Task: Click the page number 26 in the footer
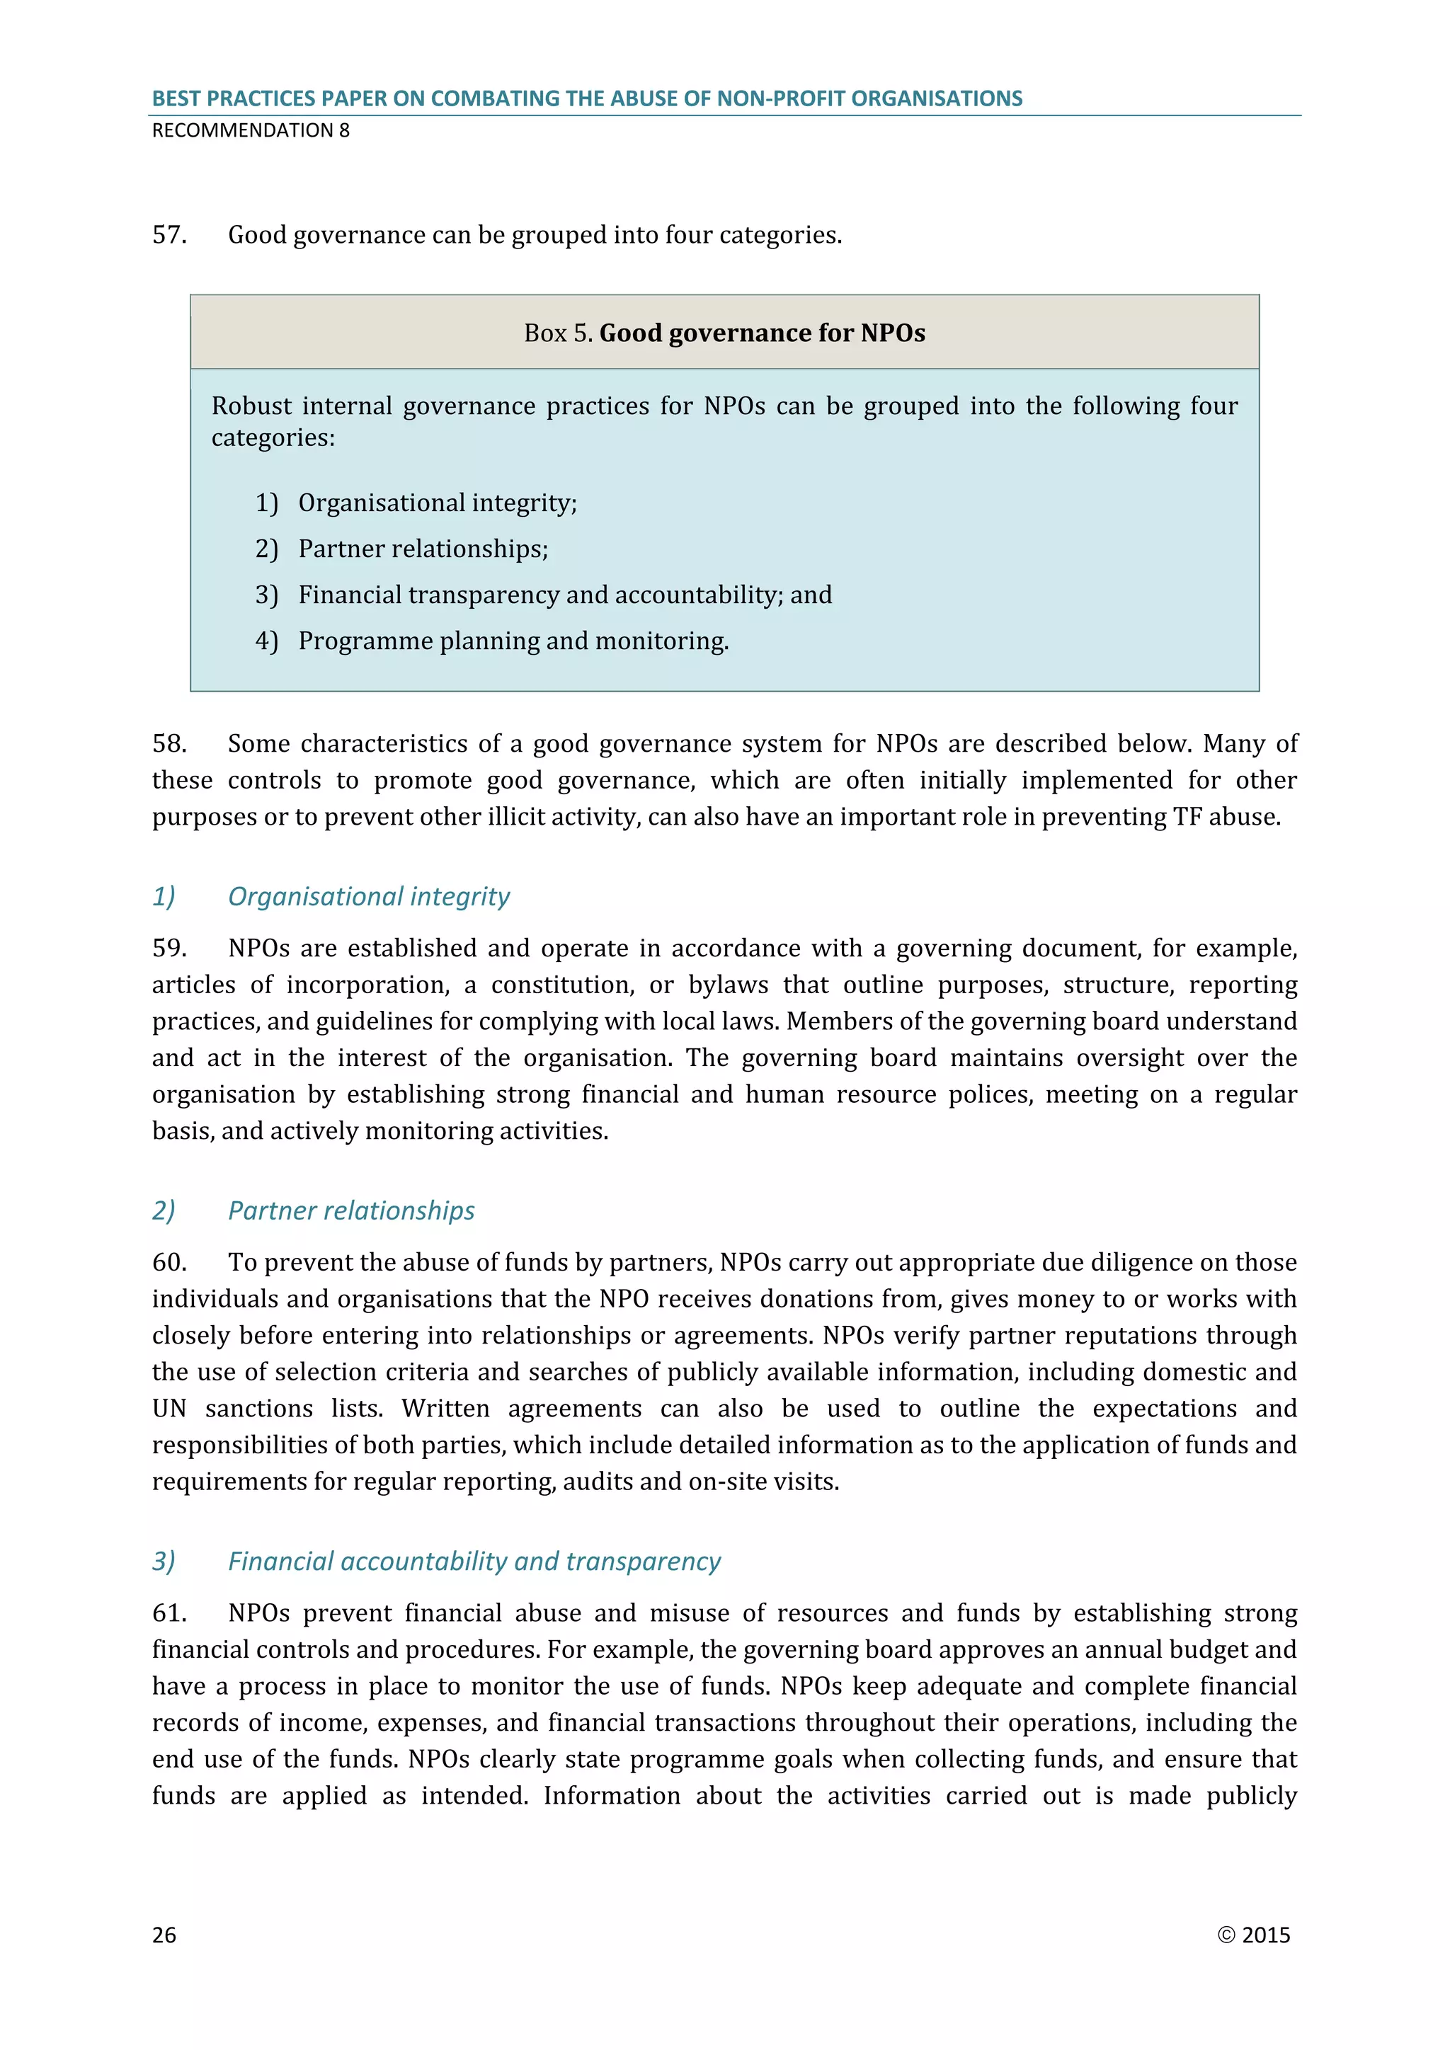[164, 1935]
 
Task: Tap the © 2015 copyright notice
[1254, 1935]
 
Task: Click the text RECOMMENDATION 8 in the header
[251, 130]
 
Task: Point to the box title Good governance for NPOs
[762, 333]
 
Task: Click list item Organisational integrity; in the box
[438, 503]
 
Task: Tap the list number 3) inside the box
[266, 595]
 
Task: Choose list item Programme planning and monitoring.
[513, 641]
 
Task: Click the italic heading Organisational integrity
[369, 896]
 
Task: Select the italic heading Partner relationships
[351, 1210]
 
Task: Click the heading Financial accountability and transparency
[474, 1562]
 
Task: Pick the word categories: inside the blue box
[273, 438]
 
